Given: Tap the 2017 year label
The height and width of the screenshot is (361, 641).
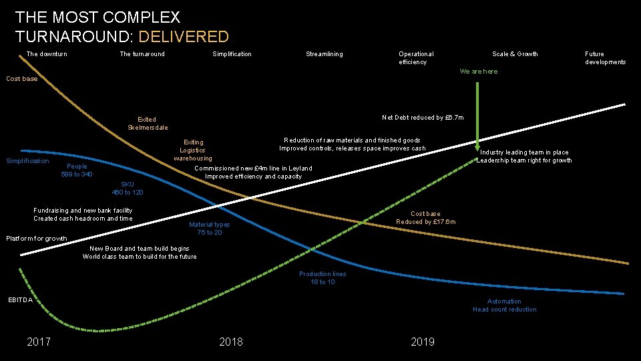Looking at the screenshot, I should [x=39, y=342].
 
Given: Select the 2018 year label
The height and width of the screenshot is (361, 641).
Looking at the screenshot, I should [x=231, y=342].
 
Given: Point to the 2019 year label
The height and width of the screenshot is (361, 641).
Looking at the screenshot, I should [x=423, y=342].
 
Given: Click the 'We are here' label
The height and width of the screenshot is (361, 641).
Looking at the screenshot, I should [x=478, y=72].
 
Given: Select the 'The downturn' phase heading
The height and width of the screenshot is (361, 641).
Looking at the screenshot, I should [x=47, y=54].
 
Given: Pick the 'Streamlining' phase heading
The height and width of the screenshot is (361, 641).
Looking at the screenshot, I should [x=325, y=54].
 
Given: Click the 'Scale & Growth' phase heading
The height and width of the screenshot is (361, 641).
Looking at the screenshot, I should [x=515, y=54].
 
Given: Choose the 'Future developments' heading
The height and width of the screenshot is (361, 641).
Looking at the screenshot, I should [x=605, y=58].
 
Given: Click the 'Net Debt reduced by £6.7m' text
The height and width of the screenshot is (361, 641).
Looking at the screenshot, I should [x=423, y=118].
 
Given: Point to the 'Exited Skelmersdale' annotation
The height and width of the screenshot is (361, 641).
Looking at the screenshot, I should [x=148, y=124].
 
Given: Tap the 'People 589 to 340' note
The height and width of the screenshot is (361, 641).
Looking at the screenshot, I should [x=77, y=170].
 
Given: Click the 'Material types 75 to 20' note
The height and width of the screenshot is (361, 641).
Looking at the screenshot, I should [x=209, y=229].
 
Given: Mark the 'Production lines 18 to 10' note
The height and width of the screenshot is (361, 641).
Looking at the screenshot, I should [x=323, y=278].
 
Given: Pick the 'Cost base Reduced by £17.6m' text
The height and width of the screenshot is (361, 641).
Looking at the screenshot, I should [x=425, y=218].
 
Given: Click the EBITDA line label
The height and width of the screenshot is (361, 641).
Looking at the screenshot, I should [x=20, y=300].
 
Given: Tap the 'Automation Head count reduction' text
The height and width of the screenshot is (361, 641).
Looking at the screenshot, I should [x=504, y=306].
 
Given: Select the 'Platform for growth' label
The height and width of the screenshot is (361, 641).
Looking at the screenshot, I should [x=37, y=239].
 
